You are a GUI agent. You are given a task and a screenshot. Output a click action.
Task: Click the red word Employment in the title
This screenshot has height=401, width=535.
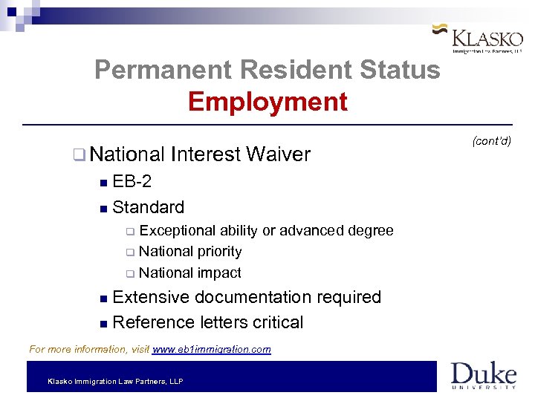click(x=267, y=102)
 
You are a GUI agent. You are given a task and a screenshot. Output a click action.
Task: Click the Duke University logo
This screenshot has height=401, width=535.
click(x=483, y=375)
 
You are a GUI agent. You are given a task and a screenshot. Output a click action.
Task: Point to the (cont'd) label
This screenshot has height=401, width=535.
click(x=491, y=141)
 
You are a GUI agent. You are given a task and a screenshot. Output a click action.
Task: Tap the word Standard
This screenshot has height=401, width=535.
click(x=149, y=206)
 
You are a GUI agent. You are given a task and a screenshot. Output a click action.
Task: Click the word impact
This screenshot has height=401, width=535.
click(x=218, y=273)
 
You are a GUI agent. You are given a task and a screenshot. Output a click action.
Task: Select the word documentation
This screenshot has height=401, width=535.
click(x=252, y=297)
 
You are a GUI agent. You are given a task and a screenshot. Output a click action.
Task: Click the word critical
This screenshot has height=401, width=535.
click(x=277, y=322)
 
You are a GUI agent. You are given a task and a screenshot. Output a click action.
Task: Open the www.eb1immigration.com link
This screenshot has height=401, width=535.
click(x=211, y=349)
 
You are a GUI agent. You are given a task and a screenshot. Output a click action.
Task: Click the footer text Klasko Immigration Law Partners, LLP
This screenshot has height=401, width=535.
click(x=115, y=381)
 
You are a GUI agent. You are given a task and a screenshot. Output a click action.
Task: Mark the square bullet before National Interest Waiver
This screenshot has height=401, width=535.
click(x=79, y=155)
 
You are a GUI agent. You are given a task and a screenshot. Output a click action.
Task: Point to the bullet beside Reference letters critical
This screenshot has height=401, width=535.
click(x=103, y=324)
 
